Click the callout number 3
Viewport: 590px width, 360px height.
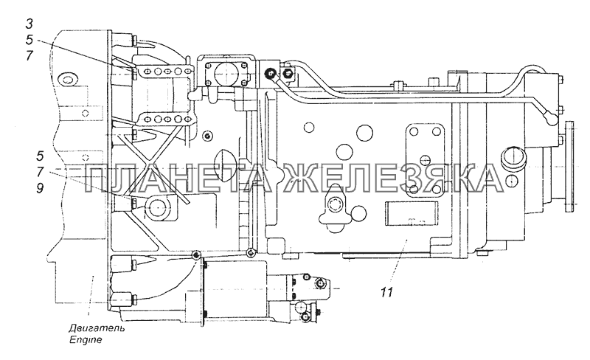click(x=29, y=24)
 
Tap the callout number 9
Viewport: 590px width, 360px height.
click(x=40, y=188)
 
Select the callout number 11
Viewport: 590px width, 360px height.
click(x=386, y=292)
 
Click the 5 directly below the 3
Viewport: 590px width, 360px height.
click(x=29, y=40)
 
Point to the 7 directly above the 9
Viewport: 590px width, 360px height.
click(x=40, y=172)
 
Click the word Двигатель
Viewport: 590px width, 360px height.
click(x=97, y=328)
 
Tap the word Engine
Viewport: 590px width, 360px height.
click(x=86, y=339)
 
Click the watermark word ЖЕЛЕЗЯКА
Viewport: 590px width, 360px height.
click(x=395, y=179)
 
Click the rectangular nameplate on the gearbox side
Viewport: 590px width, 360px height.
click(x=412, y=213)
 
